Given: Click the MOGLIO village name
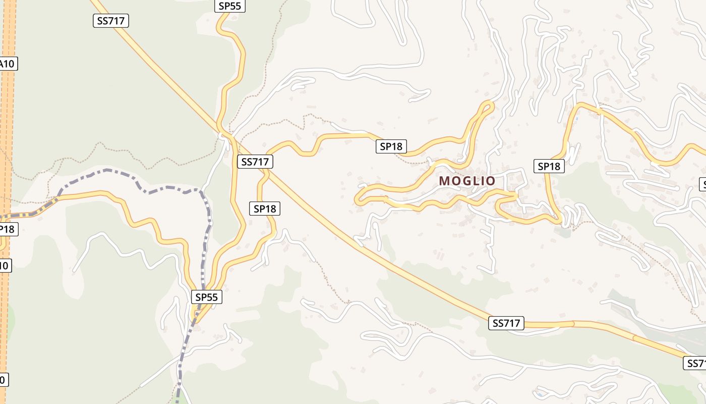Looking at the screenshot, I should tap(467, 180).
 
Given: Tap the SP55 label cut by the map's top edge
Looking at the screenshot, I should tap(230, 6).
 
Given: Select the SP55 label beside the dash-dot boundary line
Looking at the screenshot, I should tap(206, 297).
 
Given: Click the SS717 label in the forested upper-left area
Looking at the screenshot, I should tap(111, 21).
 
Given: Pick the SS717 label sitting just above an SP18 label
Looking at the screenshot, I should tap(255, 162).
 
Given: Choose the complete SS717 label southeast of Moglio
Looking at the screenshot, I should tap(506, 323).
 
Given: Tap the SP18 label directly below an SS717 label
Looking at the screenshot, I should tap(265, 208).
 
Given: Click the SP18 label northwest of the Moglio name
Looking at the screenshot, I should tap(391, 146).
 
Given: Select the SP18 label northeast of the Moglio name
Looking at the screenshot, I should tap(549, 166).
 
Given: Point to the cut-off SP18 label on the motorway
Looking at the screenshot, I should tap(7, 229).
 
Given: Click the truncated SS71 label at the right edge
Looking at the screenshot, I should tap(695, 363).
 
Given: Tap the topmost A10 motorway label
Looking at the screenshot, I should tap(7, 64).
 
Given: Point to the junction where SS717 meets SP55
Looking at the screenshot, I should tap(225, 135).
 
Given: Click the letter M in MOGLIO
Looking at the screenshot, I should tap(444, 180).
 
